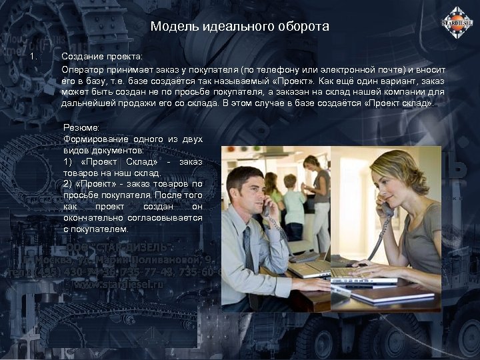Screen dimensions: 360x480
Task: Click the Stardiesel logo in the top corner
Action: point(457,23)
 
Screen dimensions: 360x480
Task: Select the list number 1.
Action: point(35,56)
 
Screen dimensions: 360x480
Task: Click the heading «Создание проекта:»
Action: point(102,57)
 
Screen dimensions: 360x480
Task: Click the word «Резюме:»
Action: point(81,127)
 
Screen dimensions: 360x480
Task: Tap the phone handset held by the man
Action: point(266,205)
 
